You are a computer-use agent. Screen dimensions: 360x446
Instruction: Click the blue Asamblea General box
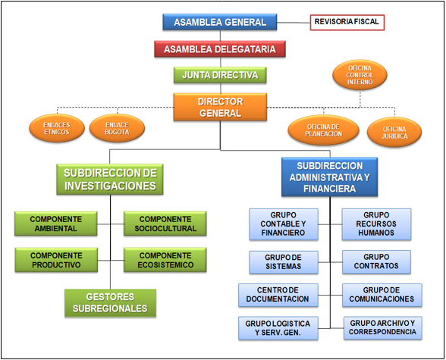click(220, 22)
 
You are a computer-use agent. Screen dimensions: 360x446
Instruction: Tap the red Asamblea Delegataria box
click(220, 49)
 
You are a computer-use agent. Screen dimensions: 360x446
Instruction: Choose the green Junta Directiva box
click(220, 75)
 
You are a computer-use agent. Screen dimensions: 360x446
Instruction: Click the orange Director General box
click(220, 106)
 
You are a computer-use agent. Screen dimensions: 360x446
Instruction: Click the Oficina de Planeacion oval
click(324, 130)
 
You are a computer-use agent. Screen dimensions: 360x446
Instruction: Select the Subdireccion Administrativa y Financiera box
click(330, 177)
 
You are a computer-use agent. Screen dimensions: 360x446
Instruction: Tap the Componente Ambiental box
click(56, 224)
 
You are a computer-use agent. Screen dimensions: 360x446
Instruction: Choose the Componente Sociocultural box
click(165, 224)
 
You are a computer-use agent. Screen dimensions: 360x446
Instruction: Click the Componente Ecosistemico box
click(165, 260)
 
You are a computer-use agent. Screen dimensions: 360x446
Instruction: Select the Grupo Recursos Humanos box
click(376, 224)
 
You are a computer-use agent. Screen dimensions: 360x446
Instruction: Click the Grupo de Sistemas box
click(283, 261)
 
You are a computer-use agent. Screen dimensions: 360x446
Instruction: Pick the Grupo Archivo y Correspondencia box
click(382, 327)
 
